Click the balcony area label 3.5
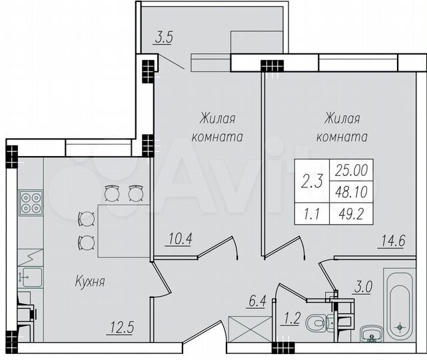(x=163, y=38)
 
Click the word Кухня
(x=90, y=282)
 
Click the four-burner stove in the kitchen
(x=29, y=202)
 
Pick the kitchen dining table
(x=120, y=231)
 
